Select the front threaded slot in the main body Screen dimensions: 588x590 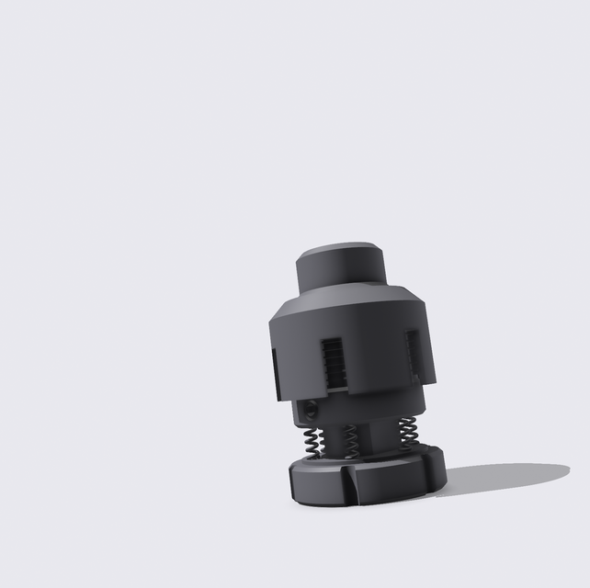pyautogui.click(x=334, y=362)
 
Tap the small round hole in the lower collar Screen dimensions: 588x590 pyautogui.click(x=312, y=408)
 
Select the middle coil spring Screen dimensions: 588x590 pyautogui.click(x=350, y=440)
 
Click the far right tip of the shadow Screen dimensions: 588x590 pyautogui.click(x=567, y=470)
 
